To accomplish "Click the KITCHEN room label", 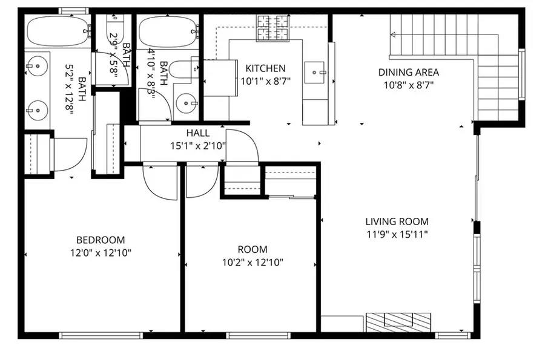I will coord(265,68).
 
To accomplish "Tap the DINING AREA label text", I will coord(408,73).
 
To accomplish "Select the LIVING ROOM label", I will coord(397,221).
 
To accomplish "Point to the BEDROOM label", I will coord(101,239).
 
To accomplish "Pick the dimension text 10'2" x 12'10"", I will coord(253,262).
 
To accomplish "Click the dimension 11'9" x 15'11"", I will coord(397,234).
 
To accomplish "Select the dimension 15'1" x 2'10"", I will coord(198,145).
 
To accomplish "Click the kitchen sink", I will coord(315,73).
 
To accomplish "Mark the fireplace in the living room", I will coord(398,321).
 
